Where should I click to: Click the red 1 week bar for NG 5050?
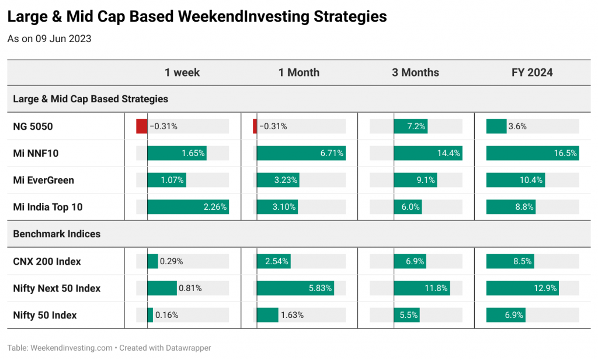(x=142, y=126)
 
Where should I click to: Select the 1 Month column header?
(x=299, y=72)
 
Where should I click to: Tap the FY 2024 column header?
(x=532, y=72)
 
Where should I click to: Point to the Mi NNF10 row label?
(x=36, y=154)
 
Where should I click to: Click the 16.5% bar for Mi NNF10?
(x=533, y=153)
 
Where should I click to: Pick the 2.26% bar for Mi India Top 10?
(x=188, y=207)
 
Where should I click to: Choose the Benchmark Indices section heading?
(x=57, y=234)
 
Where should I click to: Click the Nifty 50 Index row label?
(x=45, y=316)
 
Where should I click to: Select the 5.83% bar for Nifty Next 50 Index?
(x=295, y=288)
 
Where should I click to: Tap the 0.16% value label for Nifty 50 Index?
(x=166, y=316)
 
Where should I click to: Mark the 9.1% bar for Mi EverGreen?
(x=415, y=180)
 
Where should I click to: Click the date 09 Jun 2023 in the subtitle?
(x=63, y=39)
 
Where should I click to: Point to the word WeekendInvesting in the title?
(x=244, y=17)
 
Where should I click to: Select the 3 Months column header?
(x=415, y=72)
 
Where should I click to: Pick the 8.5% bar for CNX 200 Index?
(x=510, y=261)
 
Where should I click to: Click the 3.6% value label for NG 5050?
(x=517, y=126)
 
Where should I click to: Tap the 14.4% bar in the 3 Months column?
(x=428, y=153)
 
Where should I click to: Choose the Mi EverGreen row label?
(x=43, y=180)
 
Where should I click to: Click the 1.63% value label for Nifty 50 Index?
(x=292, y=316)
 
